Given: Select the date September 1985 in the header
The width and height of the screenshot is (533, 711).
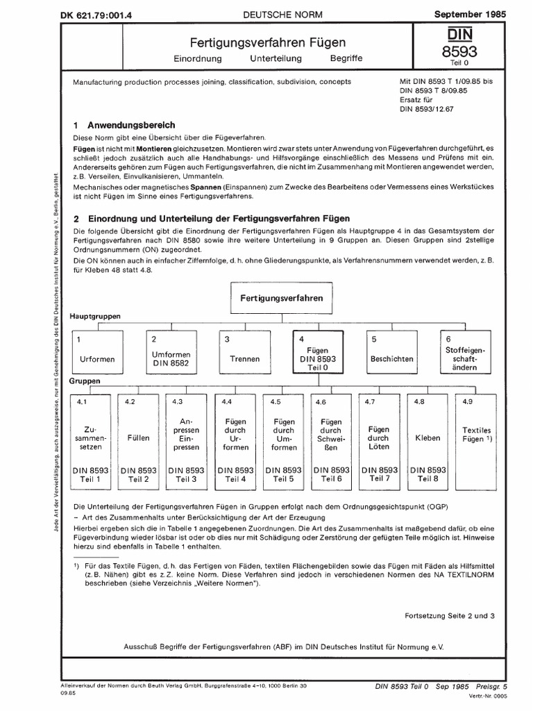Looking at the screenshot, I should pos(479,13).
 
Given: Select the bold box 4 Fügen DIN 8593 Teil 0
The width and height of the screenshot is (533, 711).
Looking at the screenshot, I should pos(317,353).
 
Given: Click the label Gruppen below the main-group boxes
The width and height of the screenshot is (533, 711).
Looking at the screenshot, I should pos(86,382).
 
